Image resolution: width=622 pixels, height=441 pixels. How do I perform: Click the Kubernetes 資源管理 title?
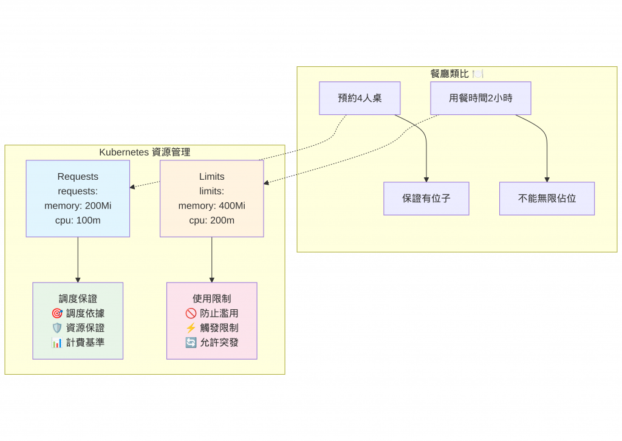pyautogui.click(x=145, y=152)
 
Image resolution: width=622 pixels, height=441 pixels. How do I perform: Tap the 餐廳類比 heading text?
pyautogui.click(x=449, y=73)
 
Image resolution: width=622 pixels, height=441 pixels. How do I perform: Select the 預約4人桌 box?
pyautogui.click(x=360, y=98)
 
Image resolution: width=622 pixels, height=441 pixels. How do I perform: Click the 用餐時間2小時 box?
pyautogui.click(x=480, y=98)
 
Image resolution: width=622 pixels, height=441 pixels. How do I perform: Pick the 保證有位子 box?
pyautogui.click(x=426, y=198)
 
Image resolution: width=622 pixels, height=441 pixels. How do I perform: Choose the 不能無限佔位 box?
pyautogui.click(x=547, y=198)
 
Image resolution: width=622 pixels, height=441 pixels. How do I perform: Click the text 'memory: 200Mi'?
pyautogui.click(x=78, y=205)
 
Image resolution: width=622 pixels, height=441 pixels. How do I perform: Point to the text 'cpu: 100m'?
pyautogui.click(x=78, y=220)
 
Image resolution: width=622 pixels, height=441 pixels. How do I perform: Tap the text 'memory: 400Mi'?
pyautogui.click(x=211, y=205)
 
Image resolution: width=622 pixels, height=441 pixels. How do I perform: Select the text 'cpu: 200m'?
pyautogui.click(x=211, y=220)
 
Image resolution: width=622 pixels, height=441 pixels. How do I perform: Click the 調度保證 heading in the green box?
pyautogui.click(x=78, y=299)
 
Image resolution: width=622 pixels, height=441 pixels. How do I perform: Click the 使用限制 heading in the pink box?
pyautogui.click(x=211, y=299)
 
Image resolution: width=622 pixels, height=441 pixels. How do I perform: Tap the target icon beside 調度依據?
pyautogui.click(x=57, y=313)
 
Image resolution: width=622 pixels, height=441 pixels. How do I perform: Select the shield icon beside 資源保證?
pyautogui.click(x=57, y=328)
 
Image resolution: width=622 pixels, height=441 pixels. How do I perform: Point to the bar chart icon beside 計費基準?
pyautogui.click(x=57, y=343)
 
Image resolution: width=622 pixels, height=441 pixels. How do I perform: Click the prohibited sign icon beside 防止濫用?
pyautogui.click(x=191, y=313)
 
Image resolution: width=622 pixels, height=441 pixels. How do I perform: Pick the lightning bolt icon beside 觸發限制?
pyautogui.click(x=191, y=328)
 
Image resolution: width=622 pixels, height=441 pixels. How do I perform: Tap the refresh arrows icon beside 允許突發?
pyautogui.click(x=191, y=343)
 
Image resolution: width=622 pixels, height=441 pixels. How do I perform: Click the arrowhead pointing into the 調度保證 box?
pyautogui.click(x=78, y=279)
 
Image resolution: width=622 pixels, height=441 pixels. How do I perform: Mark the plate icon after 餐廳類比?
pyautogui.click(x=478, y=73)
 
